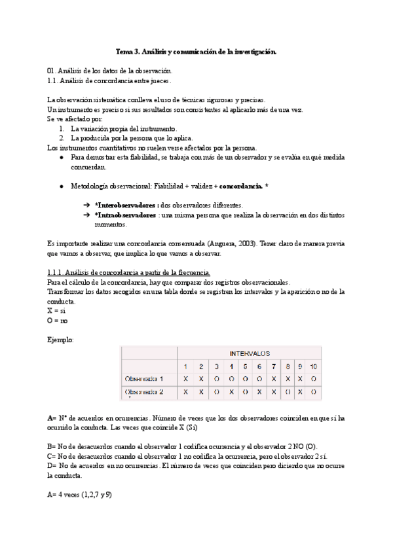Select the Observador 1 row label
(143, 379)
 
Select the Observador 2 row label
(143, 392)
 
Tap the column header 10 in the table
(314, 366)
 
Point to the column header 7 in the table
(273, 366)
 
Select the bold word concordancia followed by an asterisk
(240, 187)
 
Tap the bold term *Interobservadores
(126, 205)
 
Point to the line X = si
(57, 311)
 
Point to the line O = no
(58, 321)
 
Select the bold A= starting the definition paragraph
(52, 416)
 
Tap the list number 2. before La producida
(62, 139)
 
